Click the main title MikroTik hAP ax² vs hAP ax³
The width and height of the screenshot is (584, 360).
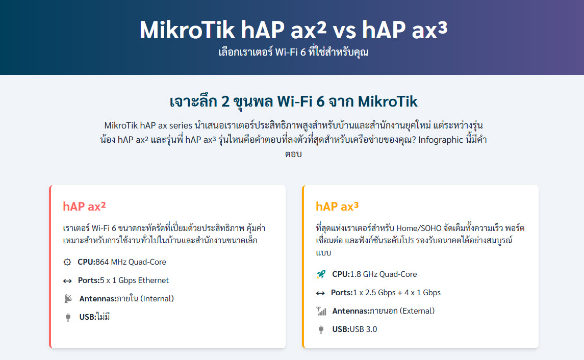[293, 30]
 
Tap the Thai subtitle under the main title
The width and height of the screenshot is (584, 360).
[293, 52]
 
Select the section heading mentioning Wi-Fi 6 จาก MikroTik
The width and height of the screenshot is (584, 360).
[293, 101]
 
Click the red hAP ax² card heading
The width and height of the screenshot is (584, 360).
[84, 206]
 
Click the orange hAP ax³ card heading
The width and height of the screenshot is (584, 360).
[337, 206]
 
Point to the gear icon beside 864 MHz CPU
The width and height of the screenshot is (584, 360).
[67, 262]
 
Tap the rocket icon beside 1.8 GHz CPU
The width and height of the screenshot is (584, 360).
[321, 274]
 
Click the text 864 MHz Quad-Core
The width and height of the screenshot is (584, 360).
[131, 262]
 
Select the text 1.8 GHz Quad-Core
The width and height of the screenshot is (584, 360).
[384, 274]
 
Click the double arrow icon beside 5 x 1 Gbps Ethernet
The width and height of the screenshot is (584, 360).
[67, 280]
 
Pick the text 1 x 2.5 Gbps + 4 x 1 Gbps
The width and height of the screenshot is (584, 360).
[397, 293]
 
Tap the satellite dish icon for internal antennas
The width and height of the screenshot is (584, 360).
[68, 299]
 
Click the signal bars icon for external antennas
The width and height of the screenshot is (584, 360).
[321, 311]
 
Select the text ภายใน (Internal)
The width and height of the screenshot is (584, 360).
[145, 299]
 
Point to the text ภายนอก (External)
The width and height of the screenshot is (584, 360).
[402, 311]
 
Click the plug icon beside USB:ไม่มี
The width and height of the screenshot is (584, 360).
[68, 317]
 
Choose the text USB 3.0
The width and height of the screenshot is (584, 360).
[363, 329]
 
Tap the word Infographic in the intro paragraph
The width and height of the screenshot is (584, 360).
[441, 140]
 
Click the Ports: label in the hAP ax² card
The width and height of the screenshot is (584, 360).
[89, 280]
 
